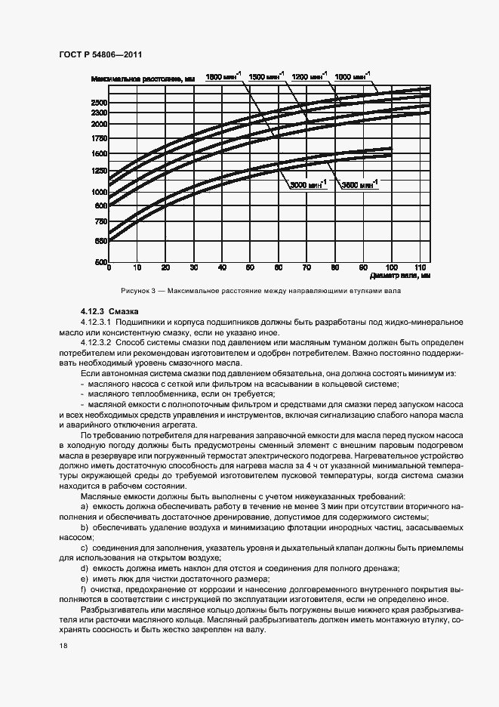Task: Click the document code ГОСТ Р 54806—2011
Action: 100,54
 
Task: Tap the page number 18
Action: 63,646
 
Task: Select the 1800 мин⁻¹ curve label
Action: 224,76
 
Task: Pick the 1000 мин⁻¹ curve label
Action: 353,76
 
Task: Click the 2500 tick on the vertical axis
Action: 99,102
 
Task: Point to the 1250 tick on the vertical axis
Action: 99,171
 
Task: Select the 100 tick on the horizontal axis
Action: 391,267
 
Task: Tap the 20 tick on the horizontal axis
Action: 165,267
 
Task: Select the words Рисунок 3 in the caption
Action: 136,290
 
